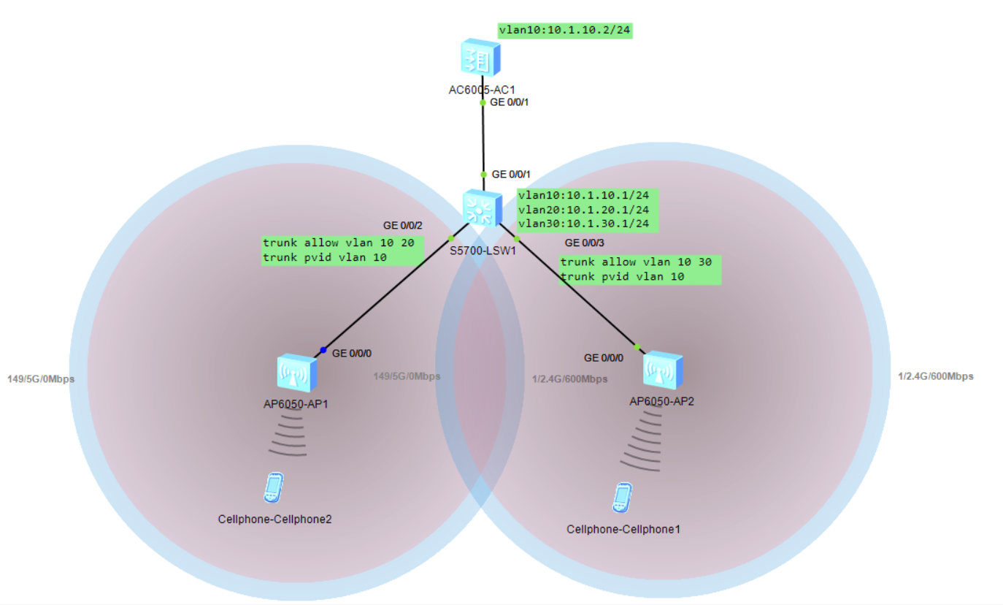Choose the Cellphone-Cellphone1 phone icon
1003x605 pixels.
(x=621, y=498)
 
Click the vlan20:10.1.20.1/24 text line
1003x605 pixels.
(x=588, y=210)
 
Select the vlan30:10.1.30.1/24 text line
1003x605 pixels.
(x=588, y=224)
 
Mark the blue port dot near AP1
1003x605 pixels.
(x=323, y=349)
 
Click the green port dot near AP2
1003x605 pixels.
(x=637, y=346)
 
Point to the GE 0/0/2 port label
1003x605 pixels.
(x=403, y=225)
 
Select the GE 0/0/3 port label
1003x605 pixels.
(x=584, y=243)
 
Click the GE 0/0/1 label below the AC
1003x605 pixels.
(x=509, y=102)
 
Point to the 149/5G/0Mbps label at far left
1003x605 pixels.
(x=41, y=378)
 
